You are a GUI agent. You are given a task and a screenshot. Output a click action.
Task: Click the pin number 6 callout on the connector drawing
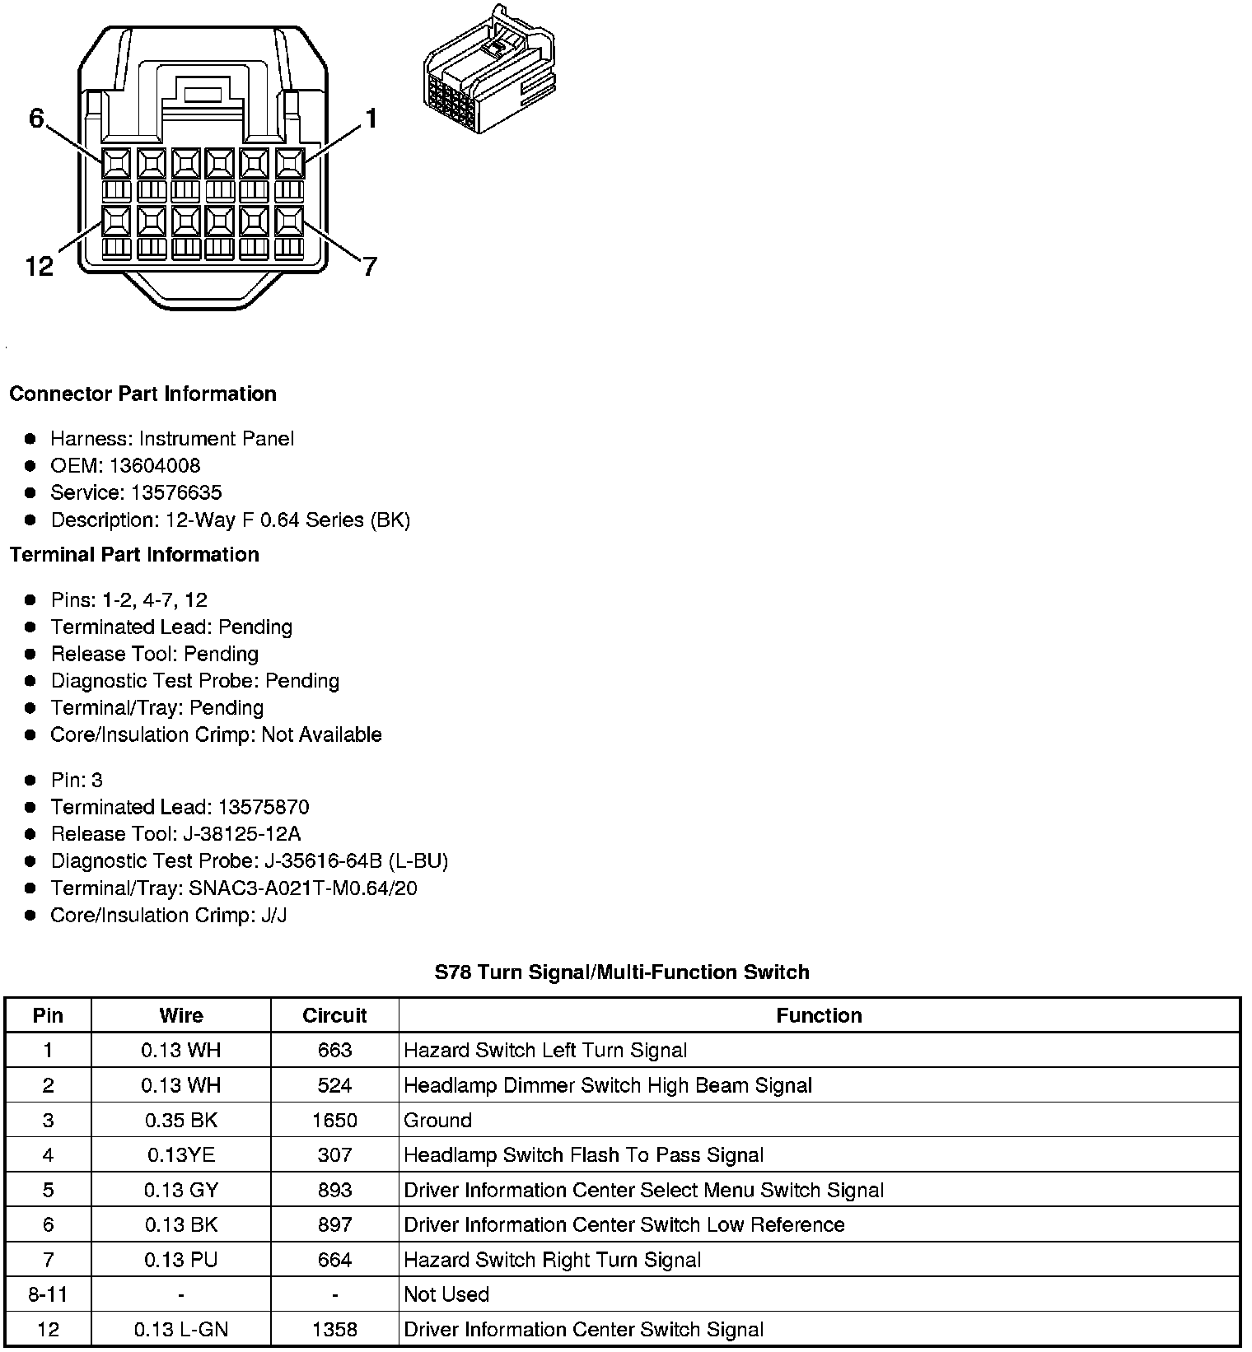[36, 119]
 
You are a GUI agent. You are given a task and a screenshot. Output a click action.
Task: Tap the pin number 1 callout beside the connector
[371, 119]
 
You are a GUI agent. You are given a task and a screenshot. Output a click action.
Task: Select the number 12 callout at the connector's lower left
[40, 266]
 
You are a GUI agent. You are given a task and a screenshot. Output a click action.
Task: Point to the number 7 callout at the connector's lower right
[370, 266]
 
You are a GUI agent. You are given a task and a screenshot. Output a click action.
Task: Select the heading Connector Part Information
[142, 394]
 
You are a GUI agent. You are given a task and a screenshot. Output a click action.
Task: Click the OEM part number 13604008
[155, 465]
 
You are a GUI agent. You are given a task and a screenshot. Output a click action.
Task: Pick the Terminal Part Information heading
[134, 554]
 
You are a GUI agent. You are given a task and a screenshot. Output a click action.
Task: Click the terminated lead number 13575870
[264, 807]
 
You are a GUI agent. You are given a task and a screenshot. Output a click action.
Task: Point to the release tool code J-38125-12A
[242, 834]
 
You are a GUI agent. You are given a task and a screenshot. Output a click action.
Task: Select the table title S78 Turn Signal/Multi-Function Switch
[622, 972]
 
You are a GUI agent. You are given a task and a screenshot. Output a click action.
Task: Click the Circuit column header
[334, 1015]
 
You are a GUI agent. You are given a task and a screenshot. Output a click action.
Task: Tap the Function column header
[819, 1015]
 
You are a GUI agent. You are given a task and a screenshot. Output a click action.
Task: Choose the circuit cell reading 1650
[334, 1120]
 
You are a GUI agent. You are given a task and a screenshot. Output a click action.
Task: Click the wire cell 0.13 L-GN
[181, 1329]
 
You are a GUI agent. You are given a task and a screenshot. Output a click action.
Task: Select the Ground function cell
[438, 1120]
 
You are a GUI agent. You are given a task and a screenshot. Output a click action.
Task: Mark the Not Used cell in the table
[446, 1294]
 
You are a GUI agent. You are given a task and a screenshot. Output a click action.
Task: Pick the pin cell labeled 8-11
[48, 1294]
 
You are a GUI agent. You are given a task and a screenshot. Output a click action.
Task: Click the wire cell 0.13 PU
[181, 1259]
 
